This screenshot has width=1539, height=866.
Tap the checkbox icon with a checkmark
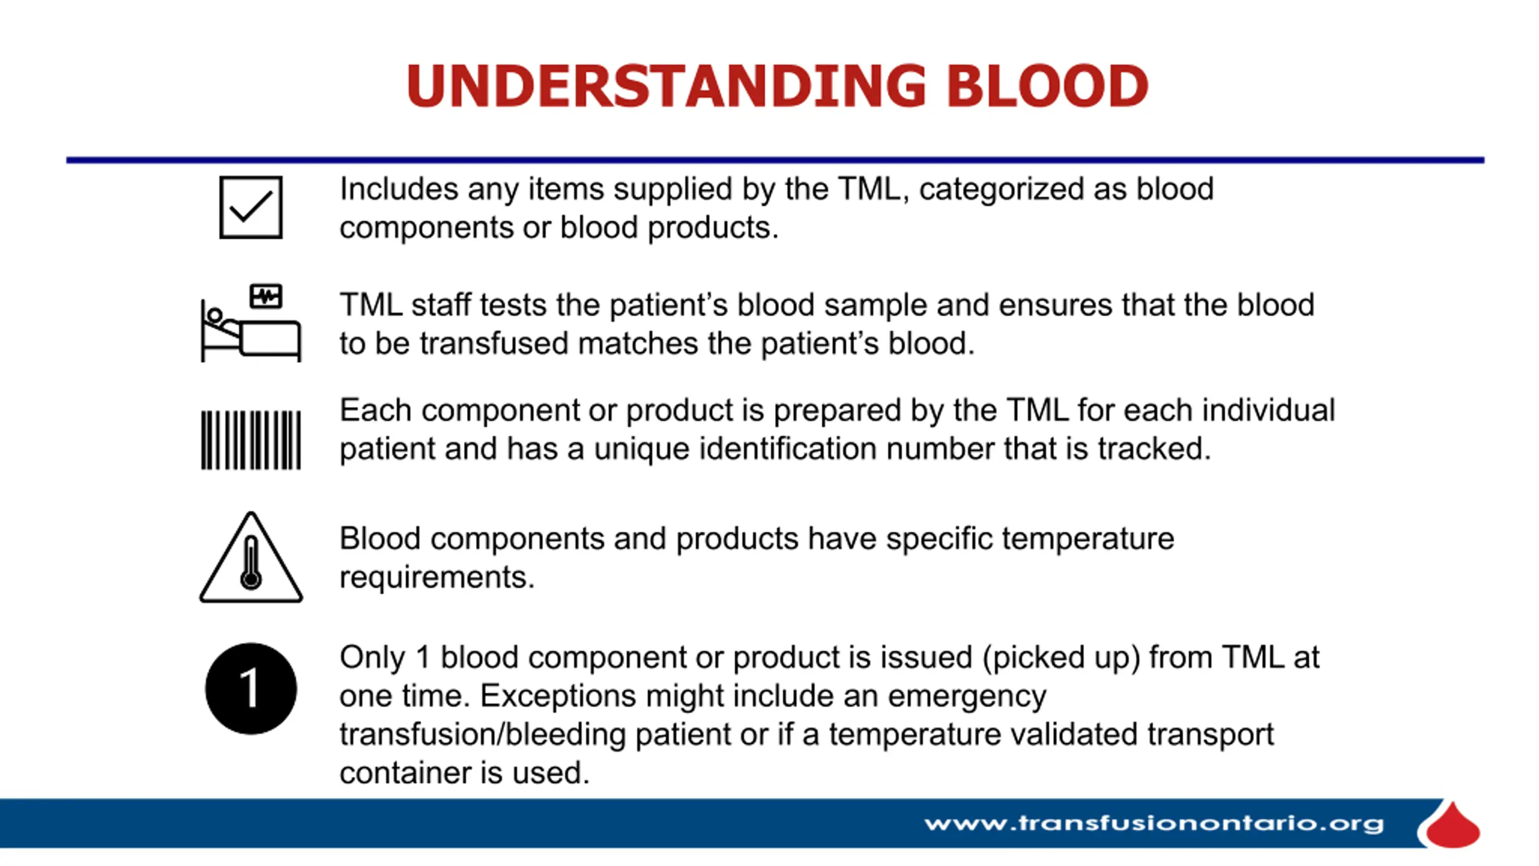click(x=251, y=207)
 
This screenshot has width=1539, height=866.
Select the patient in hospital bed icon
click(x=251, y=323)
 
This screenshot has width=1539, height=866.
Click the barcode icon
click(x=251, y=440)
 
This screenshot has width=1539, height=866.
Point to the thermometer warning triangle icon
click(x=251, y=557)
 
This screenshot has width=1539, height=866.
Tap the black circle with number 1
click(x=251, y=688)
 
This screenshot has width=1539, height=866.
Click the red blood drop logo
click(x=1451, y=825)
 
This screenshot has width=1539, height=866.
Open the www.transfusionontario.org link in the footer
click(x=1154, y=823)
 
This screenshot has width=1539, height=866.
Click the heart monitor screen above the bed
click(x=266, y=296)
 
